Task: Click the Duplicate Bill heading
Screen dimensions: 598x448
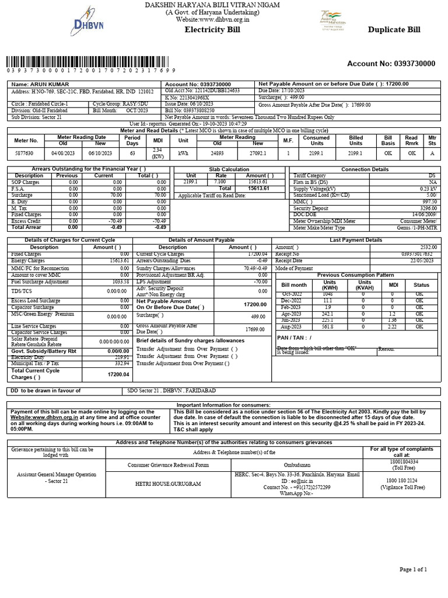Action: pyautogui.click(x=393, y=29)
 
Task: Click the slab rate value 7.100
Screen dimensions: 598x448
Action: pyautogui.click(x=220, y=182)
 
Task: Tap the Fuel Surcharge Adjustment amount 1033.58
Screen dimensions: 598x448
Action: pyautogui.click(x=120, y=282)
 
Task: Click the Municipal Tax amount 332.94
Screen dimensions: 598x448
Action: pyautogui.click(x=120, y=363)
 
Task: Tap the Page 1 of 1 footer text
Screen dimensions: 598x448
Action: pyautogui.click(x=413, y=569)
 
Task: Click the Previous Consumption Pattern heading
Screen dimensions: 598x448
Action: pyautogui.click(x=356, y=274)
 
